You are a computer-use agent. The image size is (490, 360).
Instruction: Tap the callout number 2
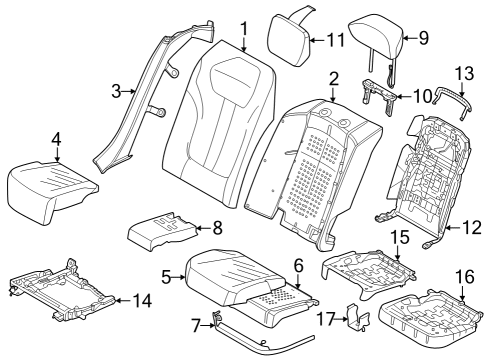point(333,78)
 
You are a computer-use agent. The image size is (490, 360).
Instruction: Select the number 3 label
point(118,91)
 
